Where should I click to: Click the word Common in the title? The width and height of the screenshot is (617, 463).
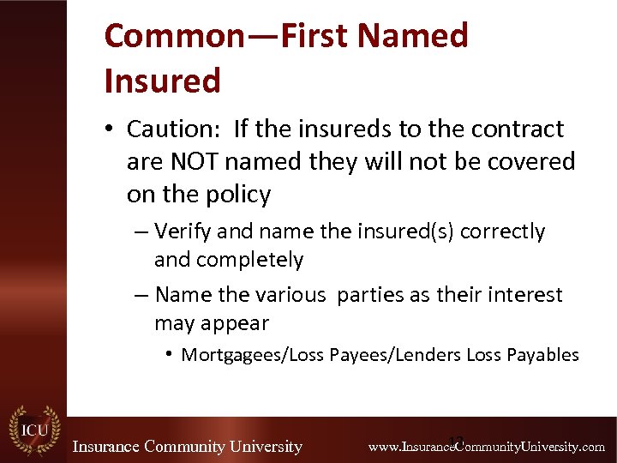[174, 36]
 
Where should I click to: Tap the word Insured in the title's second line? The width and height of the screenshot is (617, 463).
[162, 81]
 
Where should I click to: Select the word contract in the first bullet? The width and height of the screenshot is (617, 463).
[518, 129]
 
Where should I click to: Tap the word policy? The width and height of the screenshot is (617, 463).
[237, 195]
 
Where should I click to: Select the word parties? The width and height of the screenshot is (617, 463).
[371, 295]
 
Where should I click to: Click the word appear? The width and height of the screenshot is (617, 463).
[237, 324]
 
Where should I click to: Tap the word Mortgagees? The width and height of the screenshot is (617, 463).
[233, 355]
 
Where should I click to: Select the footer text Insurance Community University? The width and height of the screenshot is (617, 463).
[187, 447]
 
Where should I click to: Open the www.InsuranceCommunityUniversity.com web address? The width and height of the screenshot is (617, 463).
[486, 447]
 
